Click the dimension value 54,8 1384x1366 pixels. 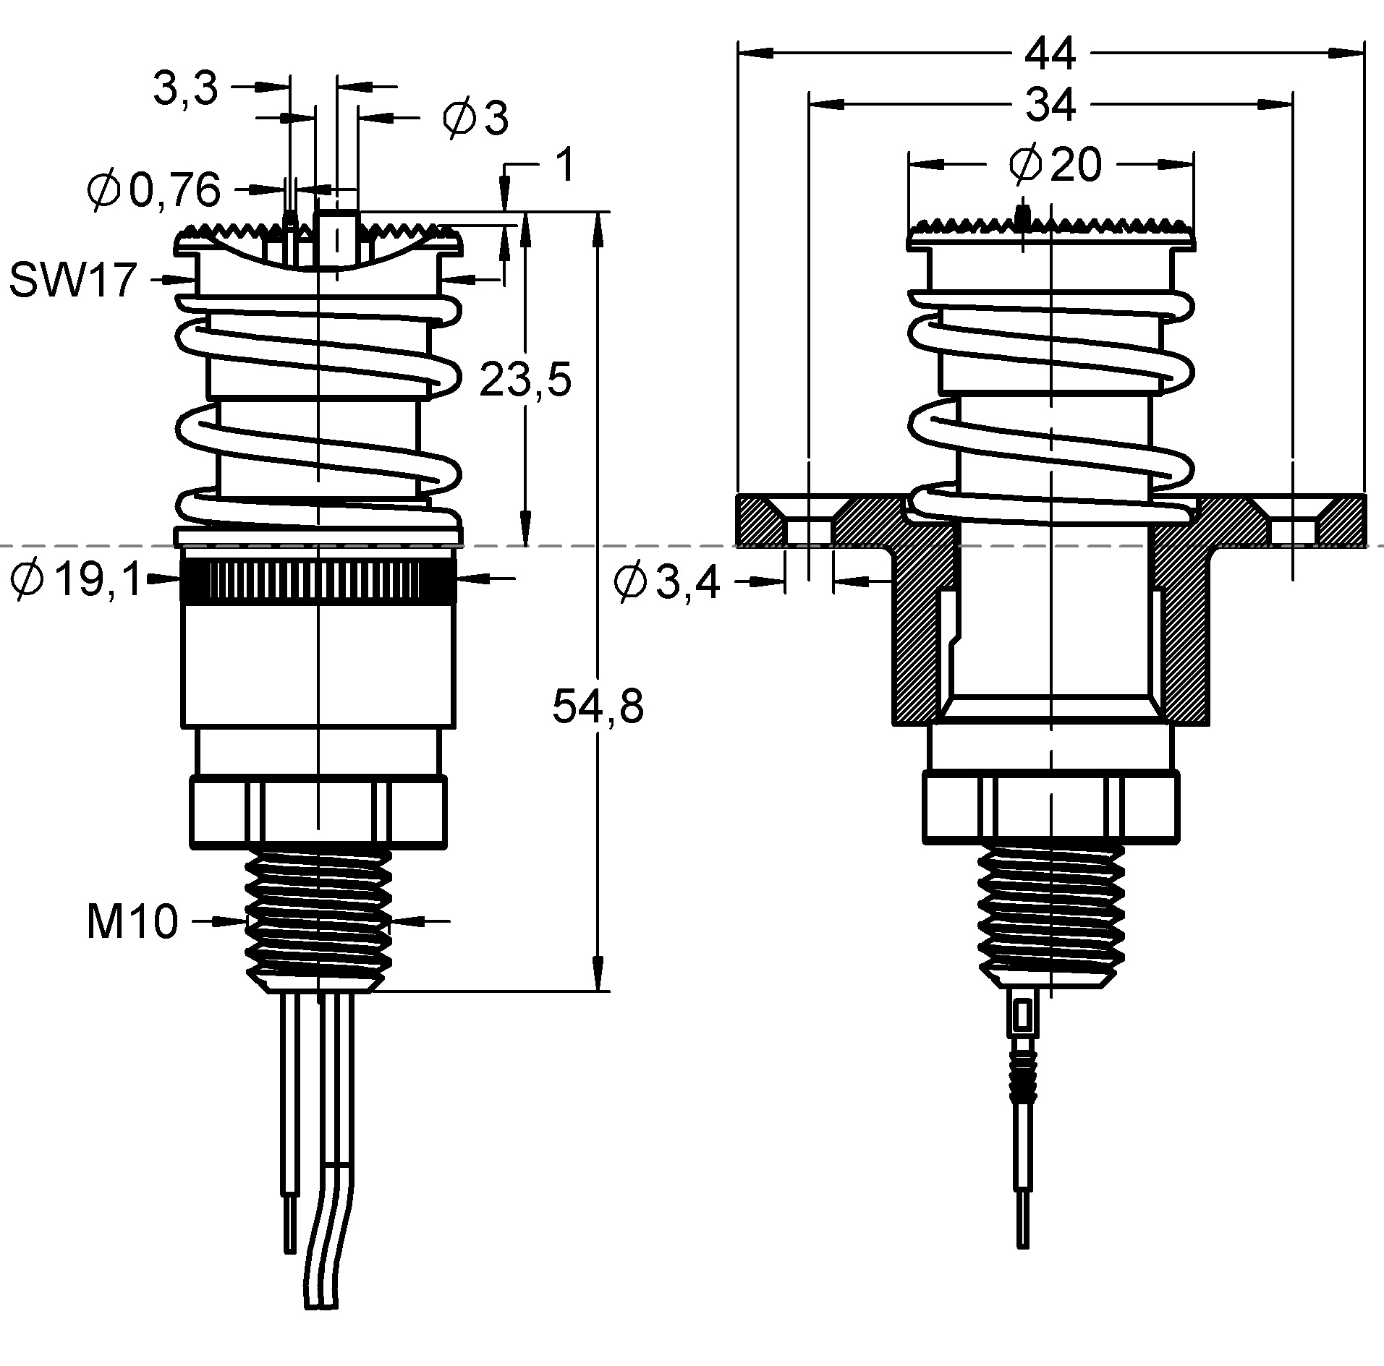(597, 706)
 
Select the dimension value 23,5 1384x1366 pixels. (525, 380)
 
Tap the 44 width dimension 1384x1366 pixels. (1050, 54)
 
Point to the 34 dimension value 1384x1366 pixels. (1050, 106)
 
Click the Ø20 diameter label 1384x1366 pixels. (1055, 165)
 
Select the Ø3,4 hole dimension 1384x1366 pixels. (666, 582)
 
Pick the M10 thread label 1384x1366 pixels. (132, 922)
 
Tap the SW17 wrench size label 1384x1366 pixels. (73, 280)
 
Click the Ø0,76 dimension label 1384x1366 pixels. (153, 190)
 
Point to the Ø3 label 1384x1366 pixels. (475, 119)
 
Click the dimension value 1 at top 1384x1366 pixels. (566, 165)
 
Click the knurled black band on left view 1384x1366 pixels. (318, 579)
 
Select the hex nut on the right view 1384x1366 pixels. (1050, 807)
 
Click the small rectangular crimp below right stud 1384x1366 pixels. (1022, 1016)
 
